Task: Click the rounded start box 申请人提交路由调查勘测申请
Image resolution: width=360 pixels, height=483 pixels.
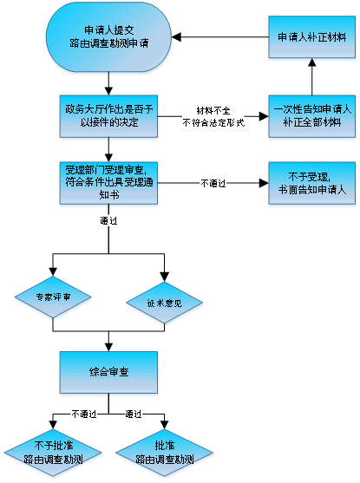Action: (x=108, y=37)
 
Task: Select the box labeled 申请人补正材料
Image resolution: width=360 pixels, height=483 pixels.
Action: (x=312, y=37)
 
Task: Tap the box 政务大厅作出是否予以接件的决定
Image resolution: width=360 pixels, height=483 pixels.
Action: (x=108, y=116)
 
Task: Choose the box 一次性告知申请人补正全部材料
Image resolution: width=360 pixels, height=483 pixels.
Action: (x=312, y=116)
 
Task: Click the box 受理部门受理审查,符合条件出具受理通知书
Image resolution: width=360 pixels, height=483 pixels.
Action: (x=108, y=183)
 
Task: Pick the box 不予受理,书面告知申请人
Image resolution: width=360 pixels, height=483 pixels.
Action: (x=312, y=183)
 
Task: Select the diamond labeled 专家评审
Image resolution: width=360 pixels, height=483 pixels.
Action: (x=53, y=297)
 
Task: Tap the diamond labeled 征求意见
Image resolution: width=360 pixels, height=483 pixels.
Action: (x=164, y=303)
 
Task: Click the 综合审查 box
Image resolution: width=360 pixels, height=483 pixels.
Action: (x=108, y=372)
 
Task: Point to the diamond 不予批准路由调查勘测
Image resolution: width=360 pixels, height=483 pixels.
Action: (x=53, y=453)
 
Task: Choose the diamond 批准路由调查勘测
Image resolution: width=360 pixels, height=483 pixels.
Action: (x=164, y=453)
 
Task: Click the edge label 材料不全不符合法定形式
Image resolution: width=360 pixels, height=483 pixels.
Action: (x=213, y=116)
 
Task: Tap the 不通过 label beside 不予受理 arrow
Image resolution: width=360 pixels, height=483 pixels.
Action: (x=213, y=183)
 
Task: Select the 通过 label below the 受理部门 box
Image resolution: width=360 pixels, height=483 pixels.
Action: (x=108, y=220)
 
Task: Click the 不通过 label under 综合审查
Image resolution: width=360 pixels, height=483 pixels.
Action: (x=84, y=414)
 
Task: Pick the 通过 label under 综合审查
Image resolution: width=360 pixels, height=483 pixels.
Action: (x=134, y=414)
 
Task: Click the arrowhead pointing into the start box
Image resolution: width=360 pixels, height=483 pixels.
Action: (x=176, y=37)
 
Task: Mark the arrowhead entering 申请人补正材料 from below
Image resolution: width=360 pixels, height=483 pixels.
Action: (x=312, y=62)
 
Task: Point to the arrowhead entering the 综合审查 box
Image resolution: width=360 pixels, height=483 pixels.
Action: (x=108, y=347)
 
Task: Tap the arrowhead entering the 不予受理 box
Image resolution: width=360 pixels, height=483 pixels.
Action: (x=264, y=183)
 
